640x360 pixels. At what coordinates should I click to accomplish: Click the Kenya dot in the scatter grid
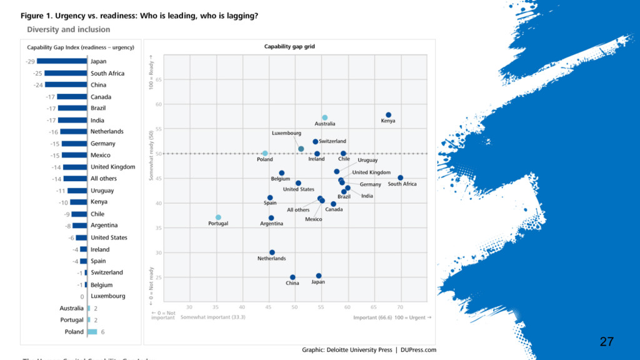[388, 115]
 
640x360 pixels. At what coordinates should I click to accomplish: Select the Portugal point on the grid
[218, 217]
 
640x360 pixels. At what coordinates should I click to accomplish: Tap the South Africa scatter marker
[400, 178]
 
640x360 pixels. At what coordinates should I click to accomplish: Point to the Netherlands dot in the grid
[272, 252]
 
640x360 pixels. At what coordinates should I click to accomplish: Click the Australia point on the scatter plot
[325, 117]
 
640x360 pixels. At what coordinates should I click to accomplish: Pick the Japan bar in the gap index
[61, 61]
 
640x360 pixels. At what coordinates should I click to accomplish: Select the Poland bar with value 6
[92, 332]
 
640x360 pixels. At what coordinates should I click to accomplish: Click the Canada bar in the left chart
[72, 97]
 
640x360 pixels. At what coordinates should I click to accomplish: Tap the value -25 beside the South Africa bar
[37, 73]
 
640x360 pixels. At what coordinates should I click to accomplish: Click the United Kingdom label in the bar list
[112, 167]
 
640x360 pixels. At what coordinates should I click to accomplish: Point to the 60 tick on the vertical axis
[158, 104]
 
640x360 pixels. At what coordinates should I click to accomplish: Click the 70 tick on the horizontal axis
[400, 307]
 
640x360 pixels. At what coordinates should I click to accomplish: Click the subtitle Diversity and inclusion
[68, 29]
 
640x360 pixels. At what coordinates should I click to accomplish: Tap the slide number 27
[606, 341]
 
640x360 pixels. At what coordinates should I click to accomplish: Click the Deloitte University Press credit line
[369, 350]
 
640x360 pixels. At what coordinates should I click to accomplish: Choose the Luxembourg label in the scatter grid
[286, 133]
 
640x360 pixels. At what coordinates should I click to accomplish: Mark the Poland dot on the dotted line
[265, 153]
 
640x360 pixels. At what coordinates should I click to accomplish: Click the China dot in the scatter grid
[292, 277]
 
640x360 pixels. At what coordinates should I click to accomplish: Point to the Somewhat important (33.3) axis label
[212, 317]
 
